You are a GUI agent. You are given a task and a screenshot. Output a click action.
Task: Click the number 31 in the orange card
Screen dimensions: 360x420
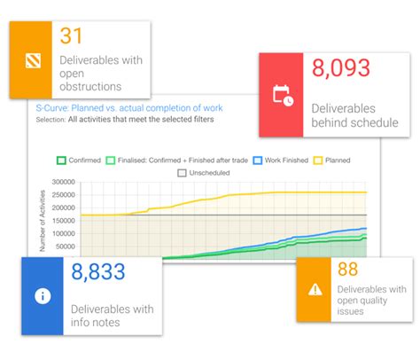click(x=73, y=36)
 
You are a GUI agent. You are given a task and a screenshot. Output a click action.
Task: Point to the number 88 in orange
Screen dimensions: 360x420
click(x=348, y=269)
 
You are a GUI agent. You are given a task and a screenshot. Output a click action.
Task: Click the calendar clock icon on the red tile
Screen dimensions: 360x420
click(x=284, y=95)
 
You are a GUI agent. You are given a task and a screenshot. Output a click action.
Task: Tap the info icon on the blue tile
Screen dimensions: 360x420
click(x=42, y=296)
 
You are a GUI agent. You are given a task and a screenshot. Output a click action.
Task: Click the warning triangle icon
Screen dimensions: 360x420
click(x=315, y=289)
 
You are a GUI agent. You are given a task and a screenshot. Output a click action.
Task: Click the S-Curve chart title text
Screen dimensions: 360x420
click(x=123, y=107)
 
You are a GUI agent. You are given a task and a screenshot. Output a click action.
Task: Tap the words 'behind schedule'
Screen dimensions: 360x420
click(x=354, y=122)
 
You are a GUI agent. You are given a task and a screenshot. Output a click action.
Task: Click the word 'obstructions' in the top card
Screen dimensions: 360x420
click(x=90, y=87)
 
